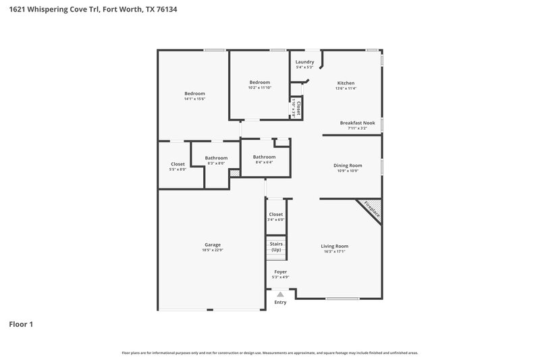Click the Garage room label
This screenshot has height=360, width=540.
213,245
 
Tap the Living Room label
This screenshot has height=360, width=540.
334,246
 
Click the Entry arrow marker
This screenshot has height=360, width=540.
280,294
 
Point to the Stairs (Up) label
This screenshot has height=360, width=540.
275,247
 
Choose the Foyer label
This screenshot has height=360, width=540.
279,272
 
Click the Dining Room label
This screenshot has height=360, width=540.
348,165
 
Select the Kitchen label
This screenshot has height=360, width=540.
346,83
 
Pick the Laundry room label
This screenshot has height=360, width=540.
304,62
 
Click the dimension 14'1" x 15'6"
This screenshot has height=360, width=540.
194,99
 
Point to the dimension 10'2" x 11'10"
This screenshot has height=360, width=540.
259,88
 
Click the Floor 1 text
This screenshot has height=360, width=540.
21,324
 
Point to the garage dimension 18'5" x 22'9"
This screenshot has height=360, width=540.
213,251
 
